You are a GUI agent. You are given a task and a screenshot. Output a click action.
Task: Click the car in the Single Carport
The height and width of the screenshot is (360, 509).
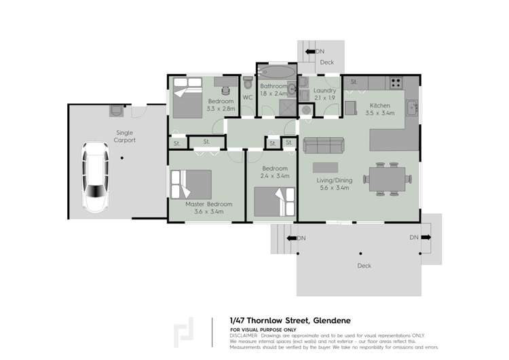click(94, 177)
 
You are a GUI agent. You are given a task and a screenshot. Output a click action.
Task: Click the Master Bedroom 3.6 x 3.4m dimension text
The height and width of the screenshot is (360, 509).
click(209, 212)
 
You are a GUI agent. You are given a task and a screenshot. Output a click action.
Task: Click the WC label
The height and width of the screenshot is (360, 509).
click(247, 97)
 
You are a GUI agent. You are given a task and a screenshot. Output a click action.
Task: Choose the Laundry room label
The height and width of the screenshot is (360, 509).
click(325, 90)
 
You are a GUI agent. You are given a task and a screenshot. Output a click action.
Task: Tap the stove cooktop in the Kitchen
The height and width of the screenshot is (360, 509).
click(394, 83)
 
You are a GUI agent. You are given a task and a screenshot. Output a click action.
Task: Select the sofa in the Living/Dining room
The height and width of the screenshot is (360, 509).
click(323, 145)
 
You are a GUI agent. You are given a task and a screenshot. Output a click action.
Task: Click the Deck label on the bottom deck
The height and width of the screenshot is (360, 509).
click(364, 266)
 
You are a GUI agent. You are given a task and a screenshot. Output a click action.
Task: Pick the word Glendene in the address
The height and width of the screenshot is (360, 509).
click(331, 320)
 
